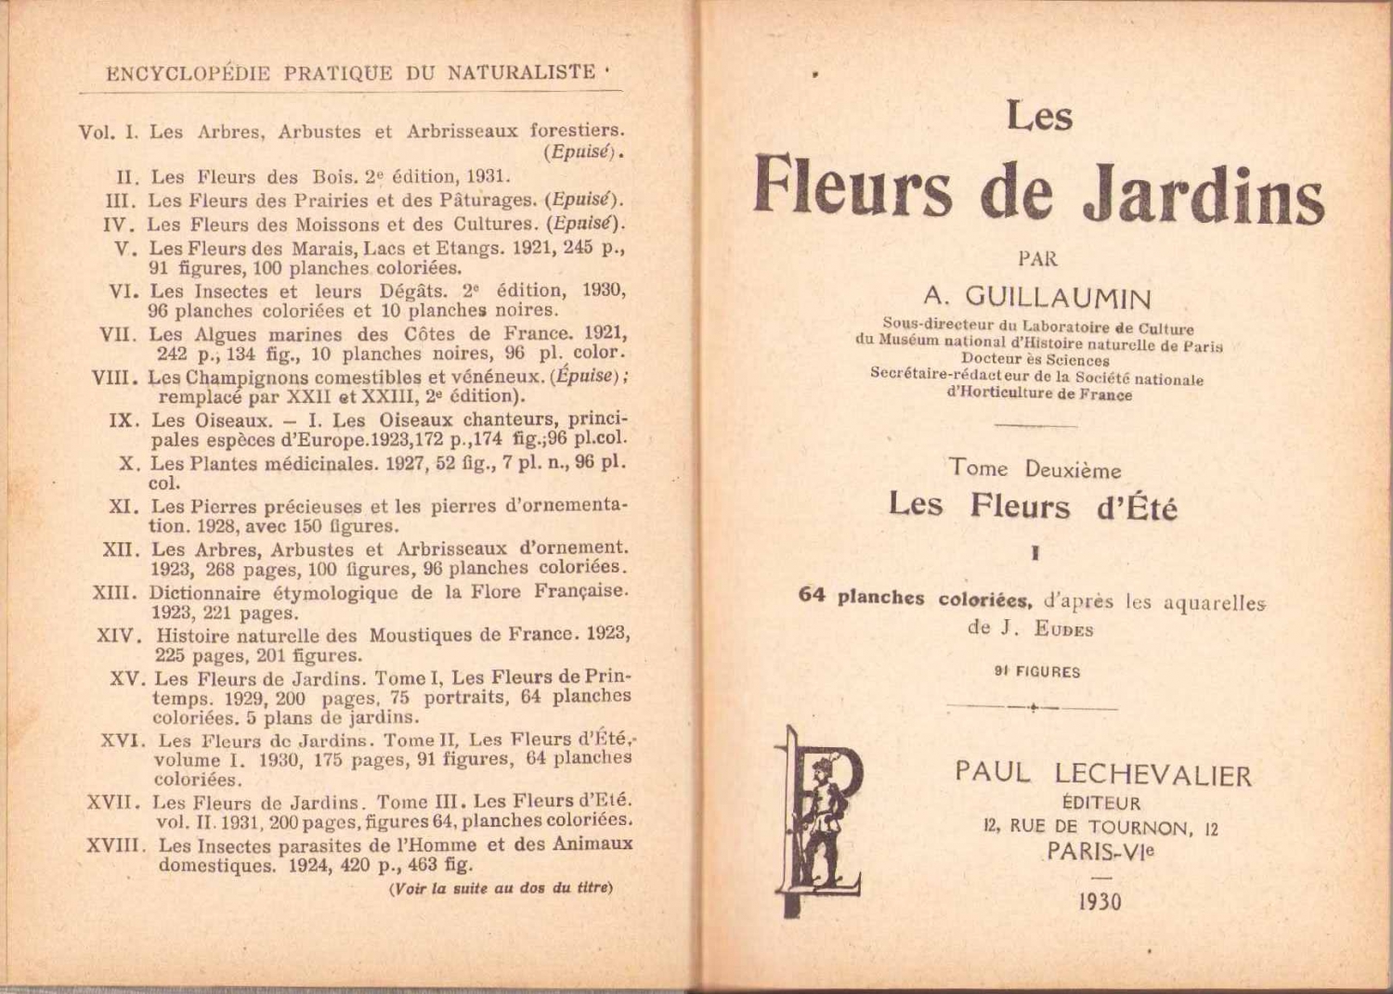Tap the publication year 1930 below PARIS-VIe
click(x=1100, y=902)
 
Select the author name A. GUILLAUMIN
click(x=1037, y=298)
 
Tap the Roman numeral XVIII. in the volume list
click(x=116, y=846)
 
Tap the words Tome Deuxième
click(x=1035, y=469)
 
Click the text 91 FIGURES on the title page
click(x=1037, y=672)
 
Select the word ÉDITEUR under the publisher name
click(x=1101, y=803)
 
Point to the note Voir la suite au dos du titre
click(x=501, y=888)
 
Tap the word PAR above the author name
click(x=1037, y=259)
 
